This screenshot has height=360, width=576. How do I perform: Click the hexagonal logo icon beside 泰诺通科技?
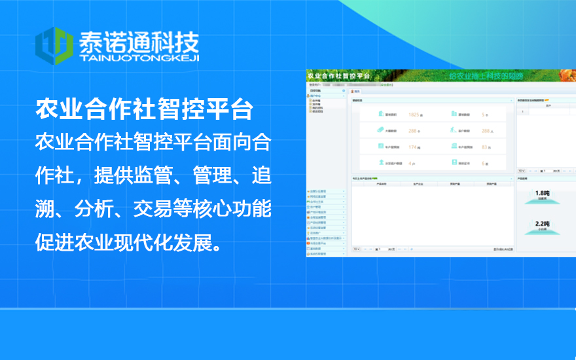(53, 45)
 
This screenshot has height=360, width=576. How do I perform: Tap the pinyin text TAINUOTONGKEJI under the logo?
(138, 58)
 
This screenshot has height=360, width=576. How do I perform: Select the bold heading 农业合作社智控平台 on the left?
(144, 109)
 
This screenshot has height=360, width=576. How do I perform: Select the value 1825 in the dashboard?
(414, 115)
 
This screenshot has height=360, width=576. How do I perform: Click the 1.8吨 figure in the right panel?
(542, 193)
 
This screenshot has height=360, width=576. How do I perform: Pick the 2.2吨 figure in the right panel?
(542, 224)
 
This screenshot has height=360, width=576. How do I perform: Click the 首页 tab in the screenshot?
(357, 91)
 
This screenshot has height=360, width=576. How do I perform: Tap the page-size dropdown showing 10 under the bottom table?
(356, 249)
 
